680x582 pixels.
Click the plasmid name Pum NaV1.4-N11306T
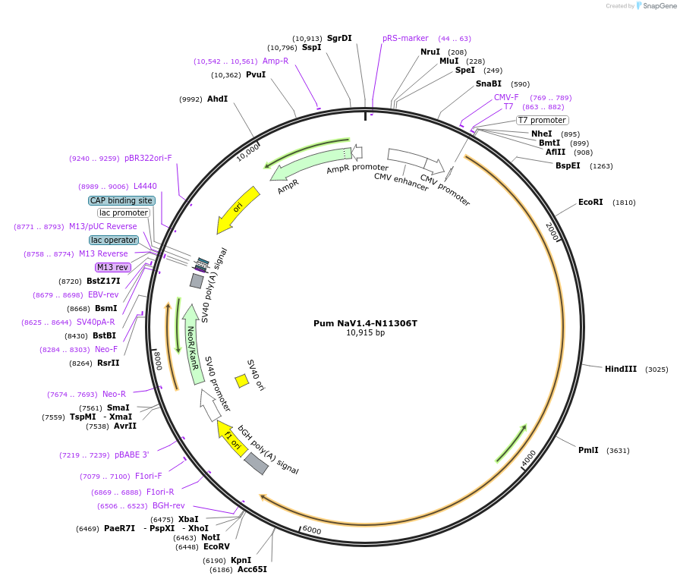coord(365,322)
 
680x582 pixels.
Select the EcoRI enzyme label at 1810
coord(590,203)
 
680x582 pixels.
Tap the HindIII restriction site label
coord(621,369)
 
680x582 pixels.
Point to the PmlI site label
coord(588,450)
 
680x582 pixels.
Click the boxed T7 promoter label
coord(542,120)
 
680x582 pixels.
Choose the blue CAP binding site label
coord(121,200)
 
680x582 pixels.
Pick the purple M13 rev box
coord(112,267)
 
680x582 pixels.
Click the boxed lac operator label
coord(114,240)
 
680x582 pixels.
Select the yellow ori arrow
coord(238,209)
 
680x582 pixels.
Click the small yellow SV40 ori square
coord(241,380)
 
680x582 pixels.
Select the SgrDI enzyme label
coord(339,38)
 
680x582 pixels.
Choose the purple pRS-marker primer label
coord(405,38)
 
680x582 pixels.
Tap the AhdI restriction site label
coord(217,99)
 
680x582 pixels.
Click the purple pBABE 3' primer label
coord(131,455)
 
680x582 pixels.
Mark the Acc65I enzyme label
coord(252,569)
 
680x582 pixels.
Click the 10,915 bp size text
coord(365,332)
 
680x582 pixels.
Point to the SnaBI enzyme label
coord(488,83)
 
